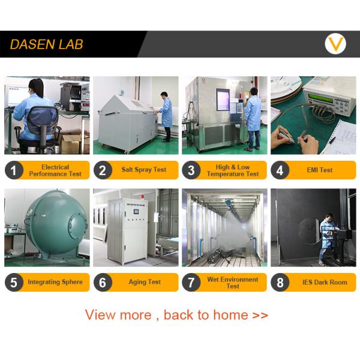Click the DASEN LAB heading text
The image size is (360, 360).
point(46,44)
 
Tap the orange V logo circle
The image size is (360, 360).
point(335,44)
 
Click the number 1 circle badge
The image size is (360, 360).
point(14,170)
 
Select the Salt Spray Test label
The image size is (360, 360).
point(144,170)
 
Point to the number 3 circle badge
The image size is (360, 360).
point(191,170)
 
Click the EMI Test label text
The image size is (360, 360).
point(320,170)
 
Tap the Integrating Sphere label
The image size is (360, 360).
point(55,282)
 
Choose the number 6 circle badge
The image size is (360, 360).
point(103,283)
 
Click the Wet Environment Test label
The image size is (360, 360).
point(233,283)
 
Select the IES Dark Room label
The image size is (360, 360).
point(325,282)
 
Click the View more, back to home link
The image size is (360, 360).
point(176,314)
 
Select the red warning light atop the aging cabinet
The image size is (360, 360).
point(143,197)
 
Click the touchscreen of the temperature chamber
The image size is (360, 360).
point(223,100)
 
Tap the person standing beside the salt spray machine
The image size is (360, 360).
point(165,116)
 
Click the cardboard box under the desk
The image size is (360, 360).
point(73,143)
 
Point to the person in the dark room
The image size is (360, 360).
point(328,238)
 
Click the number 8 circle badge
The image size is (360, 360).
point(280,283)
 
